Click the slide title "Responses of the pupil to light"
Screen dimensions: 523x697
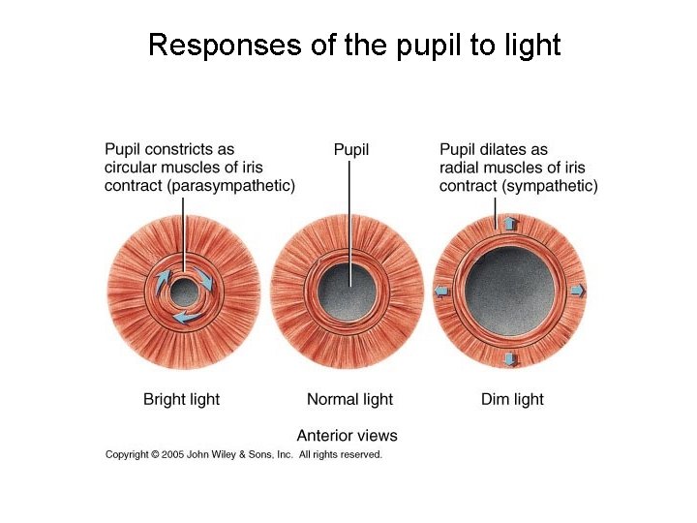click(x=354, y=45)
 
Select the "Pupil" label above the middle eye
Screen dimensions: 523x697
click(x=350, y=149)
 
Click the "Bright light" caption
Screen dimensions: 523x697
click(x=181, y=399)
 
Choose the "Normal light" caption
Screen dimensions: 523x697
click(x=349, y=399)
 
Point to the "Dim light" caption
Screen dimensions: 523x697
click(x=512, y=399)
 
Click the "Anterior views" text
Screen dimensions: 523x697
click(x=347, y=436)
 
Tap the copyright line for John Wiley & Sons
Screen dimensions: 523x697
click(x=244, y=454)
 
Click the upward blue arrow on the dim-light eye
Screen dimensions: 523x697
click(x=510, y=224)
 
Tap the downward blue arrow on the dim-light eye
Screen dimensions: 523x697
click(x=511, y=359)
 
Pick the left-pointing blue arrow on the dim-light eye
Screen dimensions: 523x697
click(x=442, y=291)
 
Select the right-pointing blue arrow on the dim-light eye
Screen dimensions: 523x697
click(x=578, y=291)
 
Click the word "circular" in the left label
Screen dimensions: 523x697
click(x=132, y=168)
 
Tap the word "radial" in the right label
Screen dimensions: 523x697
click(x=461, y=168)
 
